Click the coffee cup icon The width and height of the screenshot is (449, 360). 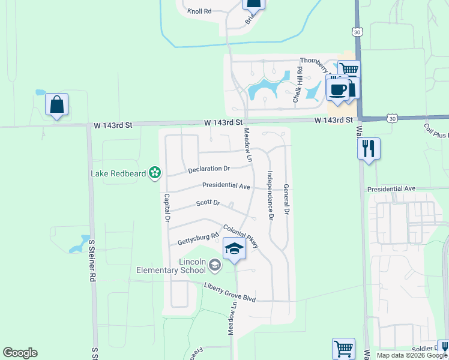pos(337,90)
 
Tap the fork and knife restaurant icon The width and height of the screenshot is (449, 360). pos(369,147)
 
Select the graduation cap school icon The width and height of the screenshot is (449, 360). pos(234,249)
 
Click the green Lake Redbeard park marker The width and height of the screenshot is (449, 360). pos(155,173)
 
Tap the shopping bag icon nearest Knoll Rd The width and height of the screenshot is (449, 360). pos(253,3)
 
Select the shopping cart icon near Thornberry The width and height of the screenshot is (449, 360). pos(349,70)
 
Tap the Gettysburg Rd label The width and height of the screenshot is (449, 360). pos(198,238)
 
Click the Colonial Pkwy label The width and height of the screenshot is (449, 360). pos(241,236)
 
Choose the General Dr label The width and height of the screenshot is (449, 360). pos(287,200)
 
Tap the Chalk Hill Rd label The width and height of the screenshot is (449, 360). pos(297,85)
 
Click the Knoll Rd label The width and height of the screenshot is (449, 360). pos(199,11)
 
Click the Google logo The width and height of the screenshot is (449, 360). pos(20,353)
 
